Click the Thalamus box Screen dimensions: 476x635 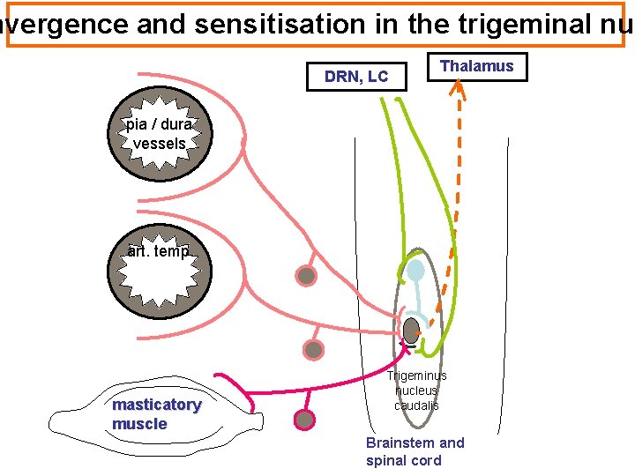point(476,67)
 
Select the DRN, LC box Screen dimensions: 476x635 point(355,77)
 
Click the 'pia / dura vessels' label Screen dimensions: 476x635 point(159,133)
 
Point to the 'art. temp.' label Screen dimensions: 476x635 point(159,252)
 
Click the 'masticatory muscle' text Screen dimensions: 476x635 point(156,414)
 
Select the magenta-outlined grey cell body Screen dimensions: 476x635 point(305,420)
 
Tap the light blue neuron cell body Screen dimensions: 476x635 point(414,271)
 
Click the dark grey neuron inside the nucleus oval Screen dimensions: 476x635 point(411,331)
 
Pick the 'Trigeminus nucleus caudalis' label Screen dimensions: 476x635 point(416,390)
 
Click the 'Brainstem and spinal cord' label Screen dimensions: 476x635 point(415,451)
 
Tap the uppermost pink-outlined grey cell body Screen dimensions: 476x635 point(306,276)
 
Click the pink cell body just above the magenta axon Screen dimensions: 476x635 point(313,350)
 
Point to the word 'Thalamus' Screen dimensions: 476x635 point(476,67)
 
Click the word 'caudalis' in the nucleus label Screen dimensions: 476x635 point(416,406)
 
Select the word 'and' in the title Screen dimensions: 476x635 point(161,26)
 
